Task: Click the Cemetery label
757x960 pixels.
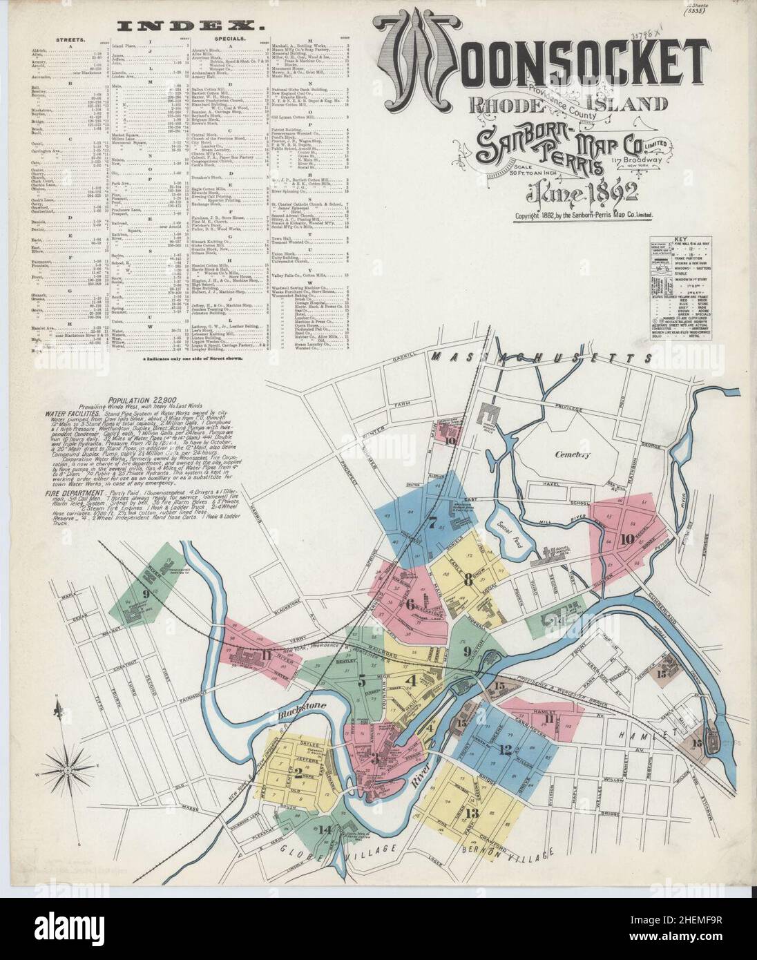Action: pos(570,454)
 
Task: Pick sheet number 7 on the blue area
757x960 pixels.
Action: pos(433,521)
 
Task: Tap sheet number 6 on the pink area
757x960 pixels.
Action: pos(410,604)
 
